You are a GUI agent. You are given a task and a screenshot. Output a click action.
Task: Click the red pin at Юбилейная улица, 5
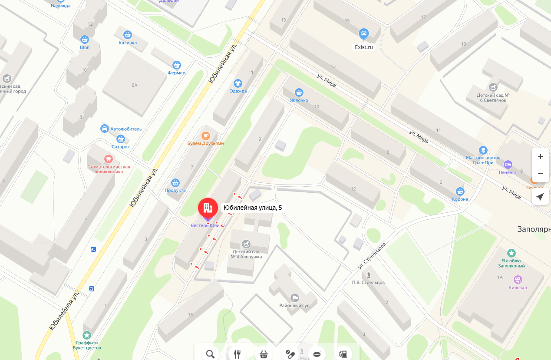click(x=208, y=208)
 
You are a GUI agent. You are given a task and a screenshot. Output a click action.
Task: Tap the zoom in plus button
click(x=540, y=156)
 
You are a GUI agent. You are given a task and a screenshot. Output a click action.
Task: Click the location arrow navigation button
click(x=540, y=197)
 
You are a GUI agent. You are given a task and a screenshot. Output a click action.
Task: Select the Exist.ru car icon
click(x=364, y=34)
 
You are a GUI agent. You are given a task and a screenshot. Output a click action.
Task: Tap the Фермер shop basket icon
click(x=176, y=65)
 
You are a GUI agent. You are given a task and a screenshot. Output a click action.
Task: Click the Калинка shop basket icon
click(x=127, y=35)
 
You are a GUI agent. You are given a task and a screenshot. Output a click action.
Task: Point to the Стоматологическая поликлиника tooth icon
click(x=108, y=159)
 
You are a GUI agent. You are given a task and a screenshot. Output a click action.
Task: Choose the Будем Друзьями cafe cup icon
click(x=205, y=135)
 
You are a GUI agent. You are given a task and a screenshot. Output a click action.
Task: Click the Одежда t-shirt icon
click(x=238, y=83)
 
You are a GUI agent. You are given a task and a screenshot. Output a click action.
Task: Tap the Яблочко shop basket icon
click(x=299, y=92)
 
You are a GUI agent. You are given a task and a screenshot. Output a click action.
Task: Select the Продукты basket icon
click(x=175, y=182)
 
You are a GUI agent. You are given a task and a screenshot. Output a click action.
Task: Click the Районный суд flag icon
click(x=294, y=297)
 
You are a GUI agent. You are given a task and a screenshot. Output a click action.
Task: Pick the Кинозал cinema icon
click(x=517, y=279)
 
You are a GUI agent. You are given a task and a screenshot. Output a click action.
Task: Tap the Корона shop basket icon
click(x=460, y=191)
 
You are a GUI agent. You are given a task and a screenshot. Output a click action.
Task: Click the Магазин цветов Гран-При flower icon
click(x=482, y=150)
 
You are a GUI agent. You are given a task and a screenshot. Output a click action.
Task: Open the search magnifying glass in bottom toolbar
click(x=211, y=353)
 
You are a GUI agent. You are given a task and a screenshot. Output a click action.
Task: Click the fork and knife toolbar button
click(x=237, y=353)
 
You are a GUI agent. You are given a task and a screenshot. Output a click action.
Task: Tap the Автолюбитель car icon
click(x=105, y=129)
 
